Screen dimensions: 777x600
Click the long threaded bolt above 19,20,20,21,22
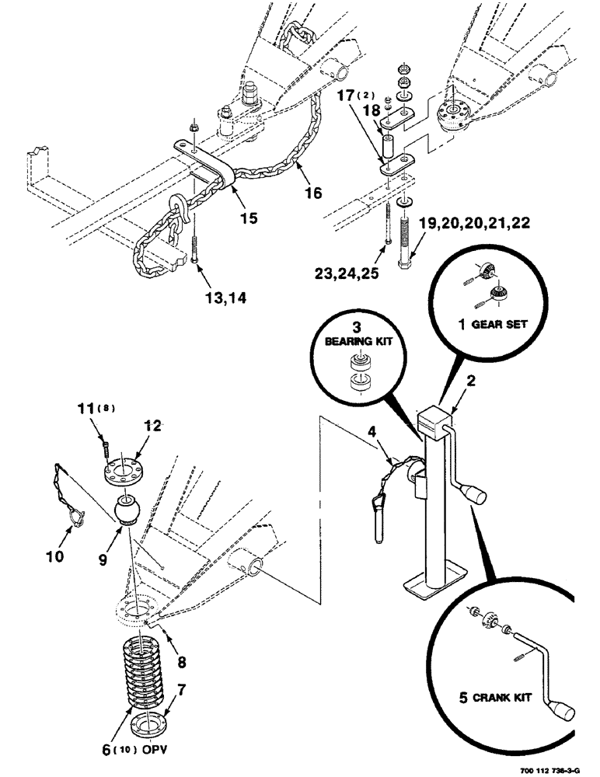pyautogui.click(x=404, y=242)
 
